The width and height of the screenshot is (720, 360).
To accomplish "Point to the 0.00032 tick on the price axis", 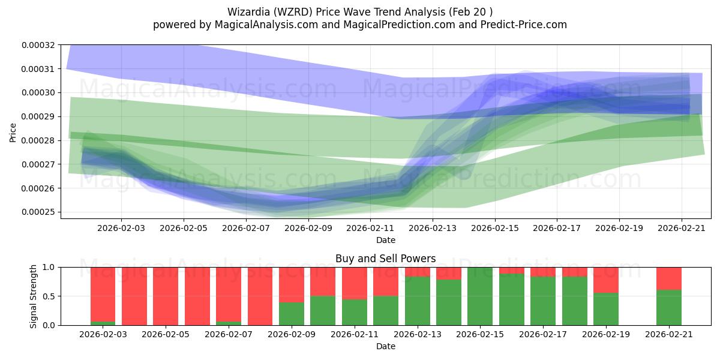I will pos(38,45).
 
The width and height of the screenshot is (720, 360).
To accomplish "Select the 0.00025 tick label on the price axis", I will pos(38,212).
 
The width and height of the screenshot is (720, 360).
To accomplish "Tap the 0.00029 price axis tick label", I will pos(38,116).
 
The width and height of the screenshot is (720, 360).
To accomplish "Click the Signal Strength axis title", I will pos(34,296).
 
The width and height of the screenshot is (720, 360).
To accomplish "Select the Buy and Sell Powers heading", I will pos(385,259).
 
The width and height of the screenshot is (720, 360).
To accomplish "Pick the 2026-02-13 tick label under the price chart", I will pos(433,228).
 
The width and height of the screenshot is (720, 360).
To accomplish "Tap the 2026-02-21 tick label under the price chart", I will pos(682,228).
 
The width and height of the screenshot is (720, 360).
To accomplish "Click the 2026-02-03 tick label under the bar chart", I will pos(103,334).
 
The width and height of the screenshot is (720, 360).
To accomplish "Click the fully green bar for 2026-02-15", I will pos(480,296).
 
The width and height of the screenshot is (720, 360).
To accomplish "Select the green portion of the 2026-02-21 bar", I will pos(668,307).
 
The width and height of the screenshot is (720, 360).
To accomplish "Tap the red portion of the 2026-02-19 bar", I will pos(605,280).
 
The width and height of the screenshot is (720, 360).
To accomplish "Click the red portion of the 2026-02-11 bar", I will pos(355,283).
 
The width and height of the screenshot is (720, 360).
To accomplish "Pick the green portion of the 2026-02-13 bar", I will pos(417,301).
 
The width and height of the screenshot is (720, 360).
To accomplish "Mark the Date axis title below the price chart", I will pos(385,240).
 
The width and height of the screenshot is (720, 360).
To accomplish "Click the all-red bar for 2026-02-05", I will pos(166,296).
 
